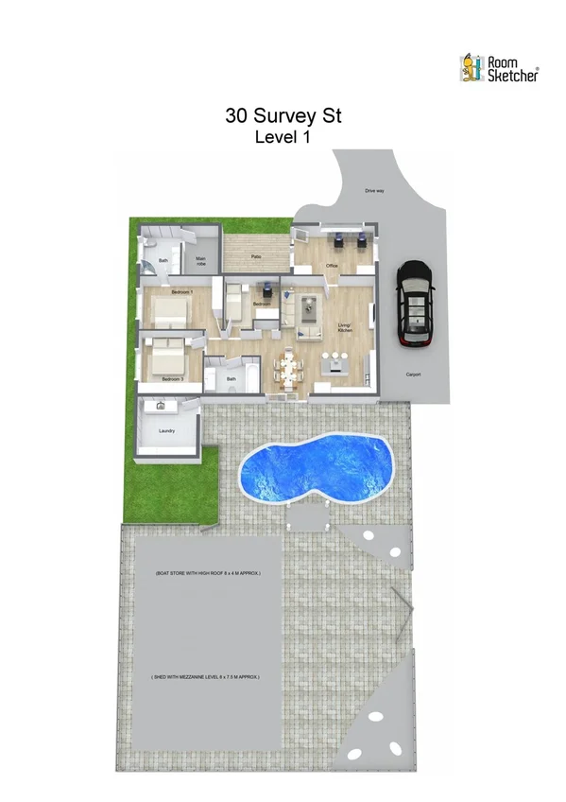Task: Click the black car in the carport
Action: [413, 304]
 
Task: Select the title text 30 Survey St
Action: [283, 116]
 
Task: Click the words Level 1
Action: [283, 137]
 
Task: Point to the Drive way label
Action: [374, 191]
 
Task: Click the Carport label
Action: [414, 375]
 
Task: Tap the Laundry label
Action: [167, 431]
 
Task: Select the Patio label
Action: [256, 256]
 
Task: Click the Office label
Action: [332, 266]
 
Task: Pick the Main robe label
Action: [200, 261]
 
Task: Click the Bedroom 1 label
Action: [181, 292]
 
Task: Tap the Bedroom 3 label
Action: [172, 378]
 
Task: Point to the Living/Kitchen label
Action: [345, 328]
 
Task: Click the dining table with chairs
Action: [289, 364]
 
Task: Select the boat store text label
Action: [207, 574]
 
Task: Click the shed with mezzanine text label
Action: [206, 677]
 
